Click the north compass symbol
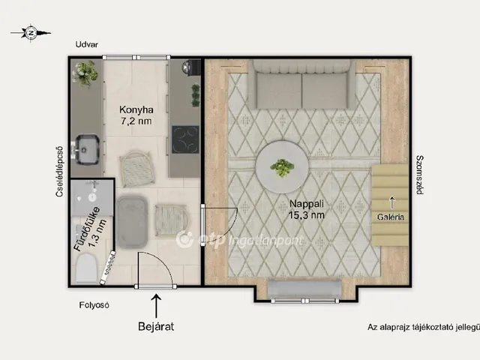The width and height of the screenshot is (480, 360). (31, 32)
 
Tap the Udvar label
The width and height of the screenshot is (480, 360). (87, 45)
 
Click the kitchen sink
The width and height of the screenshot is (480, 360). (87, 149)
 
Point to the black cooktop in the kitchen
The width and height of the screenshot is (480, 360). (185, 139)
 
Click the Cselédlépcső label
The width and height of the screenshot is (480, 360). (59, 171)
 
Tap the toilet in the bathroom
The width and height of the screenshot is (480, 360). (86, 268)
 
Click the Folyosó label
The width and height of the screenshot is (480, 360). (94, 305)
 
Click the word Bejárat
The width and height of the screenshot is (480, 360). (156, 326)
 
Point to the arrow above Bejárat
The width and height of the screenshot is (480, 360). (156, 306)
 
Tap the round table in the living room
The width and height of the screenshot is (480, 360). (282, 166)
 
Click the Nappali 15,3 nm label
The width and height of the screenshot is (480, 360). (307, 209)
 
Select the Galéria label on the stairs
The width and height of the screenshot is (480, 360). (391, 217)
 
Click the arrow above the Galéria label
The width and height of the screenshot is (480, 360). (391, 202)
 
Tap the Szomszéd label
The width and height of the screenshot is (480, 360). (420, 175)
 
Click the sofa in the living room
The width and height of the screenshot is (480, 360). (301, 84)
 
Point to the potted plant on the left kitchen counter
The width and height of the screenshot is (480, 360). (85, 73)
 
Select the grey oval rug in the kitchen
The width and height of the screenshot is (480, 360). (132, 222)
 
